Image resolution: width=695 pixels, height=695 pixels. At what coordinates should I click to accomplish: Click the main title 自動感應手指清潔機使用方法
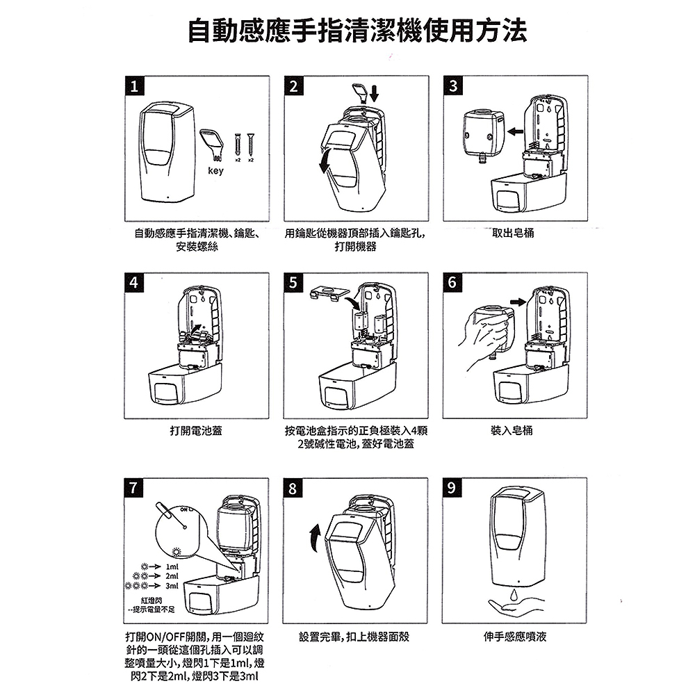click(357, 31)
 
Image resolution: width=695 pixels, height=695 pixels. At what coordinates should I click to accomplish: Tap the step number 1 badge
click(134, 86)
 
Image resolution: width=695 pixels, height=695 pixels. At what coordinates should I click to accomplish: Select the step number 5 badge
click(293, 283)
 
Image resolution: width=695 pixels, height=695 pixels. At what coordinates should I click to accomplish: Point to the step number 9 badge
click(452, 488)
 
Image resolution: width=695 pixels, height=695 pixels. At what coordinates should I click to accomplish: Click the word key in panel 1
click(216, 171)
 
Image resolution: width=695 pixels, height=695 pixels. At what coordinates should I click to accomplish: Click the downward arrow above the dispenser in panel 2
click(375, 93)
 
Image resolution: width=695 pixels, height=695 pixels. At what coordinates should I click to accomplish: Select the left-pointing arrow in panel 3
click(515, 131)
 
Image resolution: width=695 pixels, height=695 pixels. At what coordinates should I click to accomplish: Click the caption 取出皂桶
click(514, 233)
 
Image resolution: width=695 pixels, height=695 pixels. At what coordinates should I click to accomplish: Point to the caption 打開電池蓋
click(196, 430)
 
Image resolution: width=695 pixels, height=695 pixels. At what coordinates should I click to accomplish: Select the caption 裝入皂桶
click(512, 430)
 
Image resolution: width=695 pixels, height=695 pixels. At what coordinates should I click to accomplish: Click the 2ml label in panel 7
click(172, 576)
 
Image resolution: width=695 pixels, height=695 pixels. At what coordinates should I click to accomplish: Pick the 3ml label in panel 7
click(172, 586)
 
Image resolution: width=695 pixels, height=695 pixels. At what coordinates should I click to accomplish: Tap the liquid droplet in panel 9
click(514, 595)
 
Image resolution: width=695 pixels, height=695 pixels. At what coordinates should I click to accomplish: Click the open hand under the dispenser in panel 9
click(514, 607)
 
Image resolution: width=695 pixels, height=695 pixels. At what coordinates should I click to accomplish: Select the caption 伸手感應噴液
click(515, 637)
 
